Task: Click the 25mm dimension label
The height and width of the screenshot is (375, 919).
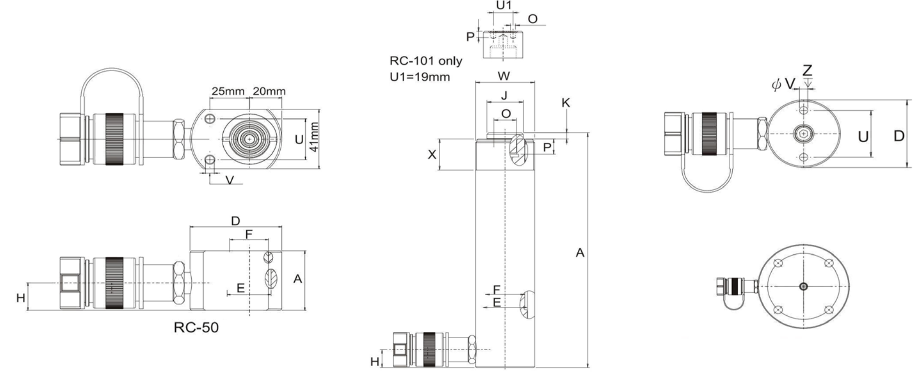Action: [228, 91]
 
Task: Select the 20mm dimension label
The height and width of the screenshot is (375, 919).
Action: [269, 91]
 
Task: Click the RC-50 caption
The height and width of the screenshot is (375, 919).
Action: [196, 327]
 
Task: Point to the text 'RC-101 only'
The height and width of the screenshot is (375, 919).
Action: [426, 61]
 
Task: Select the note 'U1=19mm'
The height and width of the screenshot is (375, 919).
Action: [420, 77]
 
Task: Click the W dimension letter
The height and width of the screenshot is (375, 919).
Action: [504, 76]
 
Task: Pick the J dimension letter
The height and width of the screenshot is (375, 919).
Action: [504, 95]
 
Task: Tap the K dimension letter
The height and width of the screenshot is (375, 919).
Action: [565, 103]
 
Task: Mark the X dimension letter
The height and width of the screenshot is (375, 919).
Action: [432, 154]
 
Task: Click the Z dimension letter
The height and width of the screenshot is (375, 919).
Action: [807, 70]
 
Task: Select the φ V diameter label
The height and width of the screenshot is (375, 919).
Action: [783, 84]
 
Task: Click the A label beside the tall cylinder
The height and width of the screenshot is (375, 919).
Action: [579, 253]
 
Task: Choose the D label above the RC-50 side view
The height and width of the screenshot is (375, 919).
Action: [236, 220]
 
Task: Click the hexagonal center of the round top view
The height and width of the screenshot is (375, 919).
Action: [803, 133]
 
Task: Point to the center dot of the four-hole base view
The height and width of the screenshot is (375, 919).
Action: [803, 286]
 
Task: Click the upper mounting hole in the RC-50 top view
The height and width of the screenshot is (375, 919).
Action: [210, 119]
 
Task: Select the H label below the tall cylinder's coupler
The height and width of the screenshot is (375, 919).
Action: [375, 361]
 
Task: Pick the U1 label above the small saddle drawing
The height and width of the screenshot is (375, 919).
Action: [504, 5]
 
